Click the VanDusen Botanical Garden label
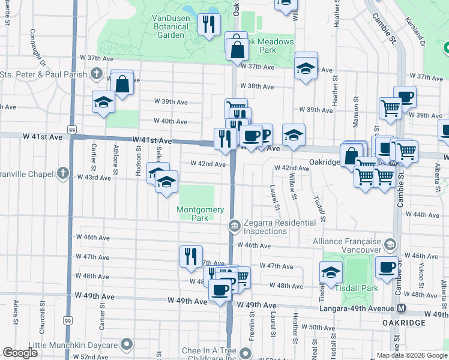(163, 25)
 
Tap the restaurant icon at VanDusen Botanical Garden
(209, 25)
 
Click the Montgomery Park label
(200, 214)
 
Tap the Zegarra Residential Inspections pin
(234, 226)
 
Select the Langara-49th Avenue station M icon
(402, 308)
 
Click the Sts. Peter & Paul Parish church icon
(96, 74)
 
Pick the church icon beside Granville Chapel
(63, 173)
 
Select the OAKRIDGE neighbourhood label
(404, 323)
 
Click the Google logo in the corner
(20, 353)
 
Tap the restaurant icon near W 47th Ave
(191, 256)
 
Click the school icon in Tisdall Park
(331, 272)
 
